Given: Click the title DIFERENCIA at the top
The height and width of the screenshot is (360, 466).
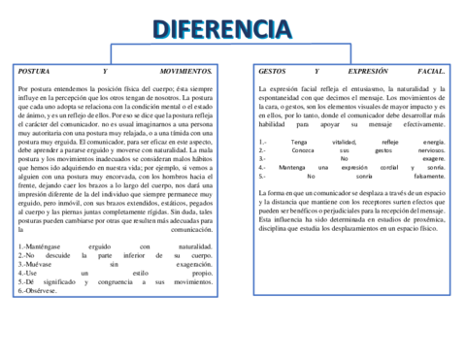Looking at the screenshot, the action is pyautogui.click(x=230, y=28).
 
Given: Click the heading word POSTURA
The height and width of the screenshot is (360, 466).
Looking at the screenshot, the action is pyautogui.click(x=36, y=72).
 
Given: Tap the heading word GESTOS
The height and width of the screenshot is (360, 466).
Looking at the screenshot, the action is pyautogui.click(x=273, y=72).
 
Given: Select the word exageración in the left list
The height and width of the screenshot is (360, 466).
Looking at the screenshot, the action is pyautogui.click(x=193, y=264).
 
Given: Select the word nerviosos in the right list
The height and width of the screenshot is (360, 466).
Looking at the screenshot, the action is pyautogui.click(x=430, y=150).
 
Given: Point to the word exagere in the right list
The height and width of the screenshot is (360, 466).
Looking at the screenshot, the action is pyautogui.click(x=434, y=159).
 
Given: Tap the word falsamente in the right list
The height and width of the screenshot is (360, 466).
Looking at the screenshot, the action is pyautogui.click(x=428, y=177).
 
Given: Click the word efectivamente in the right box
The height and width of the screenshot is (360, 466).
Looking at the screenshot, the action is pyautogui.click(x=416, y=124).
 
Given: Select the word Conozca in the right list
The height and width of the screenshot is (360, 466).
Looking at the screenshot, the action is pyautogui.click(x=302, y=150).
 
